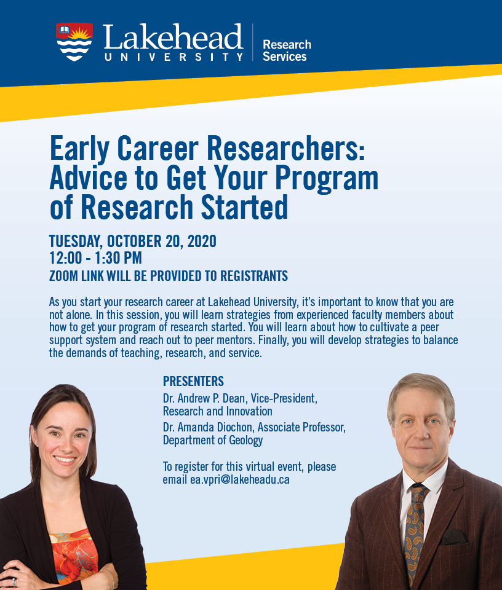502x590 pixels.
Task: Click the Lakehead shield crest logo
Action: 74,41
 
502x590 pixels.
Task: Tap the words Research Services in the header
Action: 287,50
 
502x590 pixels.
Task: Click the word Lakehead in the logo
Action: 173,37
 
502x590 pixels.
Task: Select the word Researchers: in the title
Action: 286,148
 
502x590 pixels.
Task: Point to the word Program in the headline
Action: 327,178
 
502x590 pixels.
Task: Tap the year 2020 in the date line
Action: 202,241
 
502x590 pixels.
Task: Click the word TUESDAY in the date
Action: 76,242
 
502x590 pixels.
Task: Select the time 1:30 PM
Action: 118,258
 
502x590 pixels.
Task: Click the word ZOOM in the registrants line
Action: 63,276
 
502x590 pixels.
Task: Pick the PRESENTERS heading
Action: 193,381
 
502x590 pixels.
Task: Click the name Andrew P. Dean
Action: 211,398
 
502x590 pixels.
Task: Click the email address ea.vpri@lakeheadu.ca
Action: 240,480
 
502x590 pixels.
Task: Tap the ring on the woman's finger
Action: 14,582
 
